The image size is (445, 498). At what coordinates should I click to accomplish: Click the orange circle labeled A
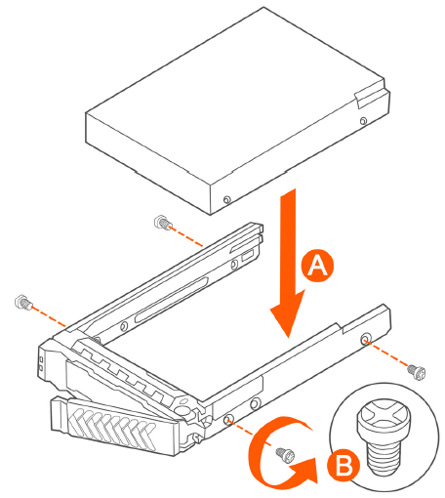tap(317, 266)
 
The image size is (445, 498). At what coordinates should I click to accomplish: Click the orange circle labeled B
tap(344, 466)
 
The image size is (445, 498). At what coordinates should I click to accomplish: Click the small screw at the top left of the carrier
tap(163, 223)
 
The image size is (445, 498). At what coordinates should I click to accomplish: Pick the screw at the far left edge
tap(23, 303)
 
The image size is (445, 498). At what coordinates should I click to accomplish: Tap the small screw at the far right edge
tap(417, 372)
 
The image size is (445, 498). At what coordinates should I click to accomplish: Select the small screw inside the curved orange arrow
tap(285, 454)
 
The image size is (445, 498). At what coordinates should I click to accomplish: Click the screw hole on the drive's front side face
tap(227, 199)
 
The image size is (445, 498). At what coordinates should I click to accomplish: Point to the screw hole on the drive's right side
tap(364, 121)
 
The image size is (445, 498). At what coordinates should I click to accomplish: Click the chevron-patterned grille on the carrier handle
tap(112, 427)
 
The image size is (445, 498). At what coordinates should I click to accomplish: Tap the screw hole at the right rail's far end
tap(365, 340)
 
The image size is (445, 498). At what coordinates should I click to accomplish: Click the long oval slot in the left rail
tap(172, 299)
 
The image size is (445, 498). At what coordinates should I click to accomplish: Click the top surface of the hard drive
tap(235, 95)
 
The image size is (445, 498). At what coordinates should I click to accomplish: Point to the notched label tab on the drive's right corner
tap(371, 95)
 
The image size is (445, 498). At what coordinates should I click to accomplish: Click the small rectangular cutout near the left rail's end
tap(247, 256)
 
